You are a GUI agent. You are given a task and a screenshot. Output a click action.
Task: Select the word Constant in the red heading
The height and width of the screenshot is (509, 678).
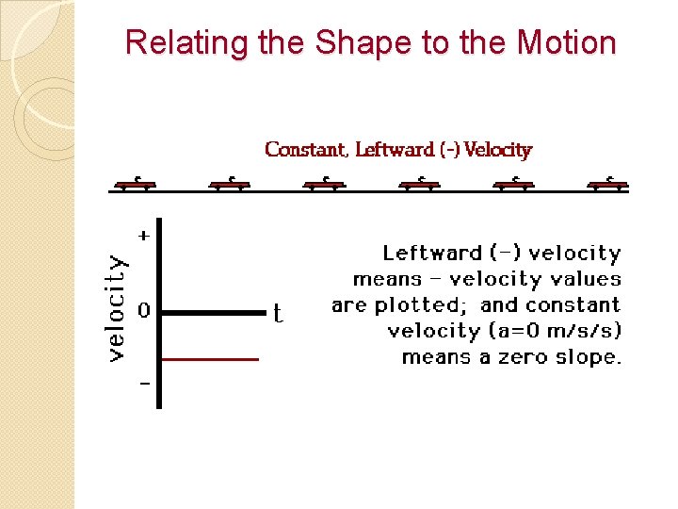308,150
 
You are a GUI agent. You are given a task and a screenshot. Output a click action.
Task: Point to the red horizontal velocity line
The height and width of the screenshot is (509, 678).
210,359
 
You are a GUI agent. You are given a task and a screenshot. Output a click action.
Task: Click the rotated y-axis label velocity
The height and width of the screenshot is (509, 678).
116,307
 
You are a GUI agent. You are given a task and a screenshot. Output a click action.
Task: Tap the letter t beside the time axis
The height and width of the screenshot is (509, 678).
278,312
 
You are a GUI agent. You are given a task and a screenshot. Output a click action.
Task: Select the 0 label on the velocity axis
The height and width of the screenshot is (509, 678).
143,310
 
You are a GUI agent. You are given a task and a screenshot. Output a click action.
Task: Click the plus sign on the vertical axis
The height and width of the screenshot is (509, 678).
144,236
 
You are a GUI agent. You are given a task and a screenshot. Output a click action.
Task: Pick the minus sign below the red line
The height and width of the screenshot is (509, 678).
144,385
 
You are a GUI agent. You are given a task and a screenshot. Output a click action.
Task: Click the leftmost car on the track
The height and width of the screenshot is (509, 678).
136,184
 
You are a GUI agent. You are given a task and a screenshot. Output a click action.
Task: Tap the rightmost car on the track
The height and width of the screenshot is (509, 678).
608,184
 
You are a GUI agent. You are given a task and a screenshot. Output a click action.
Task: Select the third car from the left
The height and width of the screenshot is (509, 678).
325,184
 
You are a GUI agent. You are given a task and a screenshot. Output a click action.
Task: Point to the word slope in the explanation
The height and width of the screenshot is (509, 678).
591,357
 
